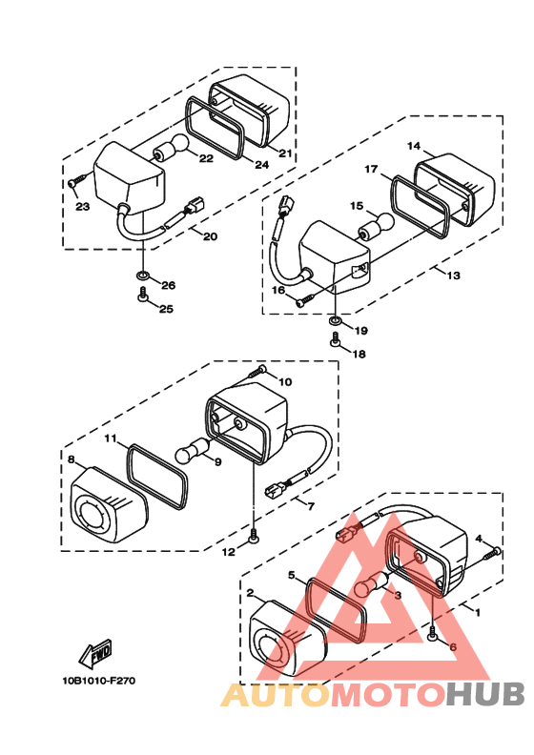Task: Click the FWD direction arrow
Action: (95, 653)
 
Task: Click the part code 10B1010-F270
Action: (98, 681)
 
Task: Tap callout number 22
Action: (206, 158)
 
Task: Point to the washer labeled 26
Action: (142, 275)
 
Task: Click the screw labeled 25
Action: (142, 295)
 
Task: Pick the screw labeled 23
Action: (77, 181)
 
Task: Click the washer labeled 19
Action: (335, 320)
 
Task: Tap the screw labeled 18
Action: (335, 339)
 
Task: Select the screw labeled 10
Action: (257, 371)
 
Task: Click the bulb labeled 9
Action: (193, 448)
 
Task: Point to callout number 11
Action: (111, 439)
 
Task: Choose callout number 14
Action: (414, 146)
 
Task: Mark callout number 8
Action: (71, 459)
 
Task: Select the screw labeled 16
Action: (304, 300)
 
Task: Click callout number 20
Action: (210, 236)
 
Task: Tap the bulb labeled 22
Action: (171, 147)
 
